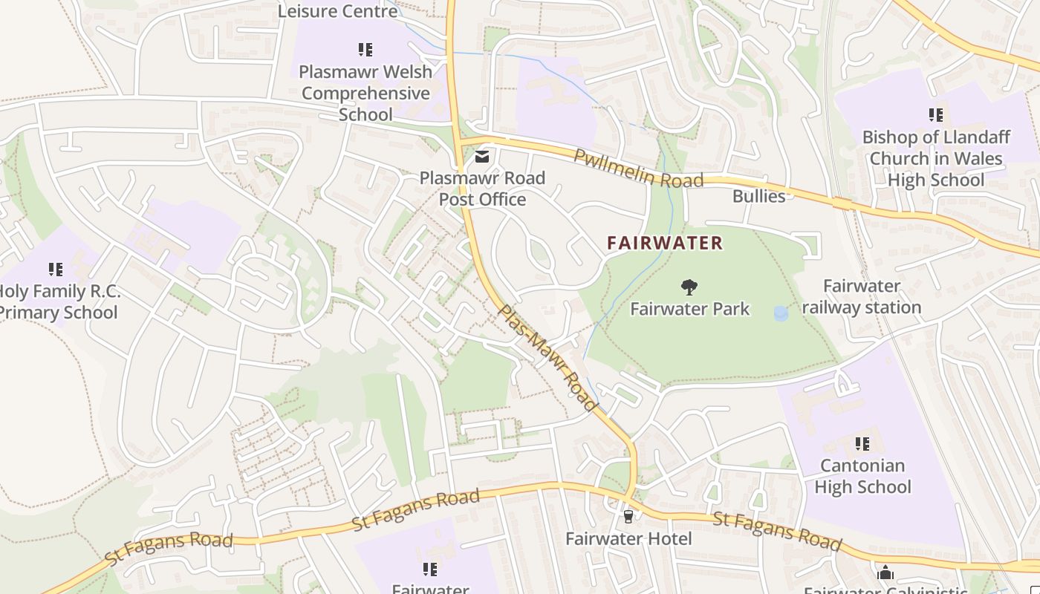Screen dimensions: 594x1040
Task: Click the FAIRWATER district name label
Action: click(664, 243)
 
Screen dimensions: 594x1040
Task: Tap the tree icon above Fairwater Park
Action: click(689, 287)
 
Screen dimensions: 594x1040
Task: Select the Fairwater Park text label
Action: click(690, 309)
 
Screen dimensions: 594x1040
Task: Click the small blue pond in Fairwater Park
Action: click(781, 314)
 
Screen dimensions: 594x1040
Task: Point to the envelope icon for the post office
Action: click(482, 156)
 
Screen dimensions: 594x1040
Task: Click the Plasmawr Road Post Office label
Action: click(482, 189)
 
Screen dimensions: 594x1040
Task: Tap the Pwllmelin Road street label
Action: click(638, 169)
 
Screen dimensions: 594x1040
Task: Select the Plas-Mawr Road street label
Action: click(547, 357)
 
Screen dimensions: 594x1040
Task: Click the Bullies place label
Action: click(758, 196)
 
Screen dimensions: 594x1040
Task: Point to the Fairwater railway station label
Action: click(862, 296)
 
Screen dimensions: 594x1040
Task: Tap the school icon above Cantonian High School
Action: click(862, 444)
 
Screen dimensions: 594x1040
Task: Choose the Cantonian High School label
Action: click(862, 476)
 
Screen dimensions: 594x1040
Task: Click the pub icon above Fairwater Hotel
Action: click(628, 516)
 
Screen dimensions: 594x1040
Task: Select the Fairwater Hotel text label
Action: click(628, 538)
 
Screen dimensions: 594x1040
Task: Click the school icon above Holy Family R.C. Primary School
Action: click(56, 269)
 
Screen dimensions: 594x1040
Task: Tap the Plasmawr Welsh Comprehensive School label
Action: click(365, 93)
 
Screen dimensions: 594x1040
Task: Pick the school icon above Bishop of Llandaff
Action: click(935, 115)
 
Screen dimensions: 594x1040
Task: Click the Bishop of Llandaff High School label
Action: click(935, 158)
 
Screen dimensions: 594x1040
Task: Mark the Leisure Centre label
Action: click(338, 11)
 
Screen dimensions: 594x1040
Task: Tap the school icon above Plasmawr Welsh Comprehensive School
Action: click(365, 50)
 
